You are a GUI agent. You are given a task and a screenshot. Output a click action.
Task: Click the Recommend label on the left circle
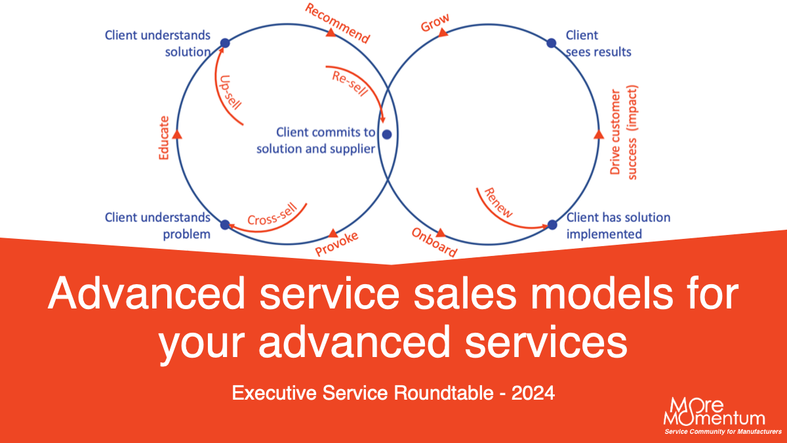pyautogui.click(x=338, y=23)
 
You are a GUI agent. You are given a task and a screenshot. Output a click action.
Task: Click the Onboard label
pyautogui.click(x=434, y=242)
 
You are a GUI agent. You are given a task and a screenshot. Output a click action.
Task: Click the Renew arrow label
pyautogui.click(x=498, y=203)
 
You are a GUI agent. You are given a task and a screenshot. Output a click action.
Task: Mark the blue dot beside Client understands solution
pyautogui.click(x=224, y=43)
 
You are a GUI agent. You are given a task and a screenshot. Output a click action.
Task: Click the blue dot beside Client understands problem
pyautogui.click(x=225, y=225)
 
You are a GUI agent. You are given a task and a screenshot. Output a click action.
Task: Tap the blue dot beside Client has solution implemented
pyautogui.click(x=552, y=225)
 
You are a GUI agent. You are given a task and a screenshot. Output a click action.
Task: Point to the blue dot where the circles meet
pyautogui.click(x=387, y=135)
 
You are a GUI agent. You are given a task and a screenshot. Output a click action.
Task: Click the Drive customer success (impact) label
pyautogui.click(x=624, y=132)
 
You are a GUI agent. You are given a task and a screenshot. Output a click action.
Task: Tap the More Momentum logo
pyautogui.click(x=718, y=413)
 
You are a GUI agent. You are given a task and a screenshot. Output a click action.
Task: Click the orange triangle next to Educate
pyautogui.click(x=176, y=134)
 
